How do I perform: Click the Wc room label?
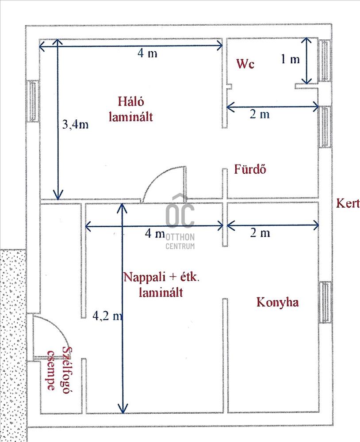tap(245, 64)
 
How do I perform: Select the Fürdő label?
tap(250, 169)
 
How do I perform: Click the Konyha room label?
tap(278, 302)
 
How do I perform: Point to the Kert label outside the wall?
tap(347, 203)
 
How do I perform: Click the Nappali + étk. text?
tap(161, 278)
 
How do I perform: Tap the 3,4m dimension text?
tap(75, 124)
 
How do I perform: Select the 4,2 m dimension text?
tap(107, 316)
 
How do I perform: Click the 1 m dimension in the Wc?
tap(290, 59)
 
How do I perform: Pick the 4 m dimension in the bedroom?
tap(147, 53)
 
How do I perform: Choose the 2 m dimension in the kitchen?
tap(260, 233)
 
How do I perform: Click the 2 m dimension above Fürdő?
tap(259, 114)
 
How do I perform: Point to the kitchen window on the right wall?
tap(326, 303)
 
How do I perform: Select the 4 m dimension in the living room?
tap(155, 233)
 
